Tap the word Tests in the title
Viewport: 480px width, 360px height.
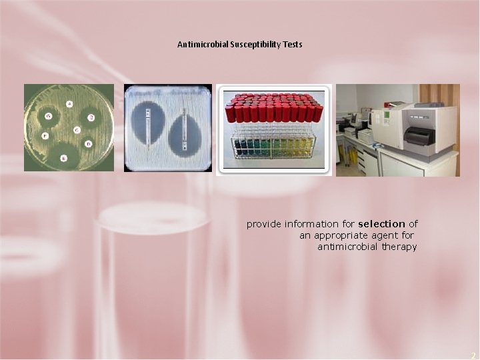pyautogui.click(x=292, y=45)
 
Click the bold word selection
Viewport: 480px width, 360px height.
pyautogui.click(x=381, y=224)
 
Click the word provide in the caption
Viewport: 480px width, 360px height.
pyautogui.click(x=264, y=224)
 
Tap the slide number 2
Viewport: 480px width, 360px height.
pyautogui.click(x=472, y=355)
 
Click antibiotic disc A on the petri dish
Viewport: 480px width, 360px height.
pyautogui.click(x=69, y=103)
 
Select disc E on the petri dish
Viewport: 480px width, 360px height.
pyautogui.click(x=64, y=158)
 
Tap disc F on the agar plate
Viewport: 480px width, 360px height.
pyautogui.click(x=45, y=135)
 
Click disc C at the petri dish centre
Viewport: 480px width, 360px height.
pyautogui.click(x=77, y=129)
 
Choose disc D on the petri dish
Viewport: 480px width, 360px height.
pyautogui.click(x=88, y=143)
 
